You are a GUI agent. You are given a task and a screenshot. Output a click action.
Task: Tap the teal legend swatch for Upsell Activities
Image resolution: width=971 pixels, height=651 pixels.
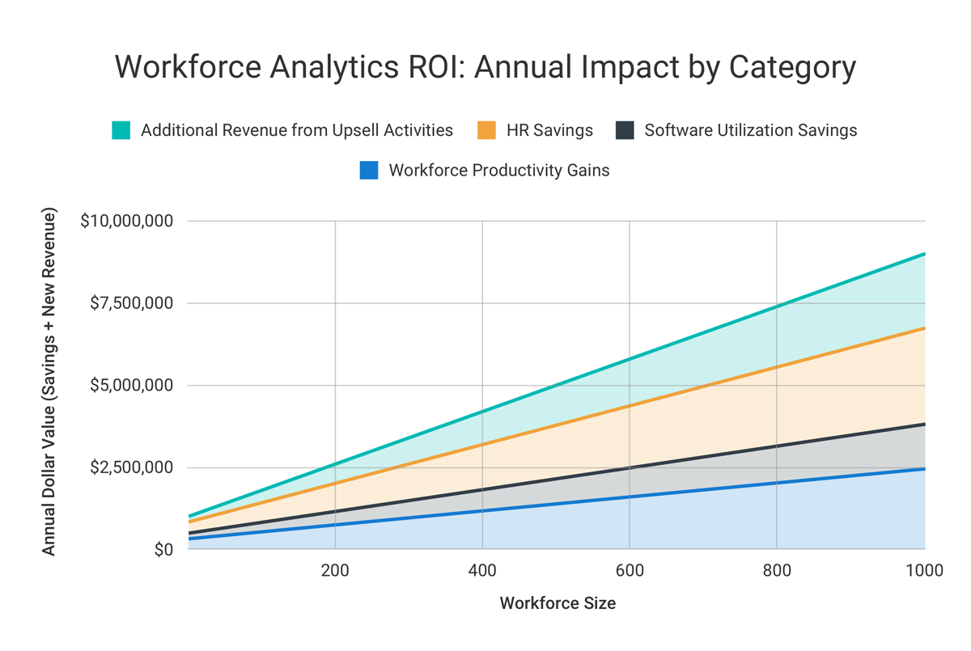[x=121, y=130]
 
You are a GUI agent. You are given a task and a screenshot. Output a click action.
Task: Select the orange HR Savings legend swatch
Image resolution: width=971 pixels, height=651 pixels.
[x=486, y=130]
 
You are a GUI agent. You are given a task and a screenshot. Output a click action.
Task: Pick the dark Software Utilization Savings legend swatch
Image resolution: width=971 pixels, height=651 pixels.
[x=625, y=130]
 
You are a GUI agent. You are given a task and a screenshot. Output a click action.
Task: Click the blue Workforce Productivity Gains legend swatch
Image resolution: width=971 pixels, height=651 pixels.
[x=369, y=171]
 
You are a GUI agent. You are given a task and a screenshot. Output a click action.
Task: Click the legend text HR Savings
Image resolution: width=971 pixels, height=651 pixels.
[x=549, y=130]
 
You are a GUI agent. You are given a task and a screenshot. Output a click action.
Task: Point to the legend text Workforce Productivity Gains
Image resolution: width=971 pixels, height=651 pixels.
[x=498, y=171]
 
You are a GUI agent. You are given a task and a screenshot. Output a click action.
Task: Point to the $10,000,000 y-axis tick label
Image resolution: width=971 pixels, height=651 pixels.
[x=126, y=221]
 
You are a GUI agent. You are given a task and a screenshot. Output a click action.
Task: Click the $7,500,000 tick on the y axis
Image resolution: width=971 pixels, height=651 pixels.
[x=131, y=303]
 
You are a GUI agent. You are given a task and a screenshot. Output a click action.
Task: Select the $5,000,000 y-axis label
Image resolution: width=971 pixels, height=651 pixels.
[x=131, y=385]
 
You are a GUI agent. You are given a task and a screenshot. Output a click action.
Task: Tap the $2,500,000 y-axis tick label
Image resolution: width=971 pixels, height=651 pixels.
[x=131, y=467]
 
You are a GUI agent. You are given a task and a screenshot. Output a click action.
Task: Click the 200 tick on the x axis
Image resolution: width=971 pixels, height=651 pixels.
[x=335, y=571]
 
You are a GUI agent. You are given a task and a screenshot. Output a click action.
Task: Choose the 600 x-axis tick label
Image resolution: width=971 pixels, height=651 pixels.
[x=630, y=571]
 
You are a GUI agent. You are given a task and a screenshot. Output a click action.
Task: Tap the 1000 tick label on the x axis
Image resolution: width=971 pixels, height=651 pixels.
[x=924, y=571]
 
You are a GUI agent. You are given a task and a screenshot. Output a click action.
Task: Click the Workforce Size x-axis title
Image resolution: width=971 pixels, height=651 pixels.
[x=558, y=603]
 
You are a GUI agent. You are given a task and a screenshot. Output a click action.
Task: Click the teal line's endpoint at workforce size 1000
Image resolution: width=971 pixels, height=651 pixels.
[x=924, y=254]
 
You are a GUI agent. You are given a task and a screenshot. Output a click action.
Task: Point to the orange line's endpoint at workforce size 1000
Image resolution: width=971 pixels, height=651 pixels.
[x=924, y=328]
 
